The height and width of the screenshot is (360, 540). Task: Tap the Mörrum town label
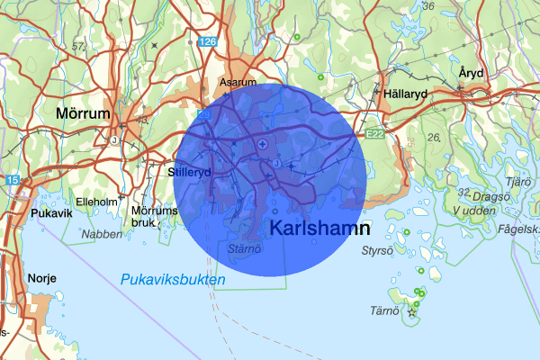coord(82,114)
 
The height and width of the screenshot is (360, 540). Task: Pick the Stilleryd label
coord(189,171)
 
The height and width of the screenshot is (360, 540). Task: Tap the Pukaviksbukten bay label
coord(172,281)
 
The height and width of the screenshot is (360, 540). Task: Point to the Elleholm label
coord(96,202)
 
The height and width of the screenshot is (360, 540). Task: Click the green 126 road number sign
coord(209,42)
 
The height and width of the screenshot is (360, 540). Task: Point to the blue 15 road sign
coord(12,182)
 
